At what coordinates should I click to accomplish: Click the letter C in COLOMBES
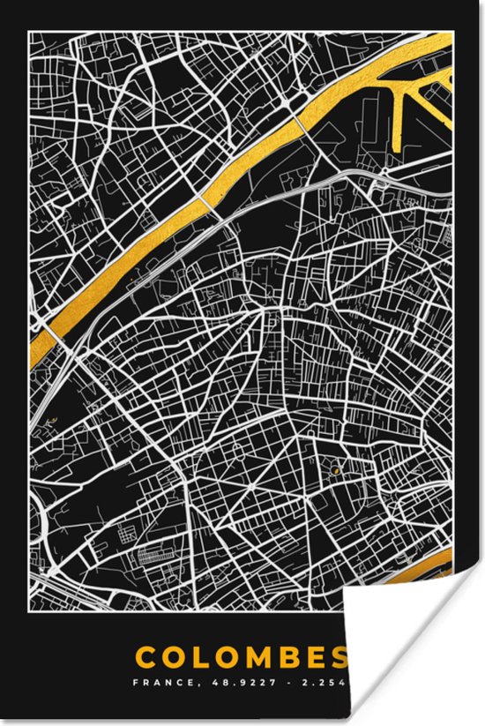click(x=168, y=657)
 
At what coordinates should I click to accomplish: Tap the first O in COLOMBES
click(x=196, y=657)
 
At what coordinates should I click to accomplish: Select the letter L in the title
click(x=221, y=657)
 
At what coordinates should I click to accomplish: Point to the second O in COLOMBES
click(x=246, y=657)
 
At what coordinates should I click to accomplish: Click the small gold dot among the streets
click(x=336, y=470)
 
